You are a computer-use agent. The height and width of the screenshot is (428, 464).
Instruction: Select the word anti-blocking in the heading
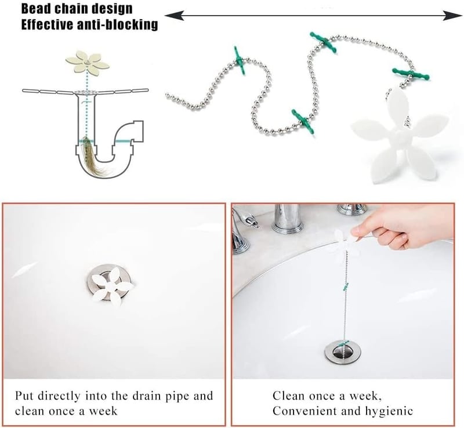[x=117, y=24]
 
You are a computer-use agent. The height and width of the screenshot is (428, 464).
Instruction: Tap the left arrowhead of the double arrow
[x=174, y=16]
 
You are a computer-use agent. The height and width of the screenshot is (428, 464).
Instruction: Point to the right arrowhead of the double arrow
[x=452, y=16]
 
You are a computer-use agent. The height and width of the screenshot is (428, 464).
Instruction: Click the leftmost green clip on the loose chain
[x=239, y=61]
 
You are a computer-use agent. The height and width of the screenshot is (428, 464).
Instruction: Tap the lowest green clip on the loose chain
[x=303, y=121]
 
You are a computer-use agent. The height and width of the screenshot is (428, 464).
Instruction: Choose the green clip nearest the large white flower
[x=411, y=74]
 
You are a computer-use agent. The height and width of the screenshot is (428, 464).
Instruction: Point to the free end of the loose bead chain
[x=167, y=95]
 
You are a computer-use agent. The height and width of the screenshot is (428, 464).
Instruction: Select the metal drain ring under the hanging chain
[x=343, y=351]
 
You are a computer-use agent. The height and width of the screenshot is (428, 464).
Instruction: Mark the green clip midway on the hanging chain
[x=345, y=286]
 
